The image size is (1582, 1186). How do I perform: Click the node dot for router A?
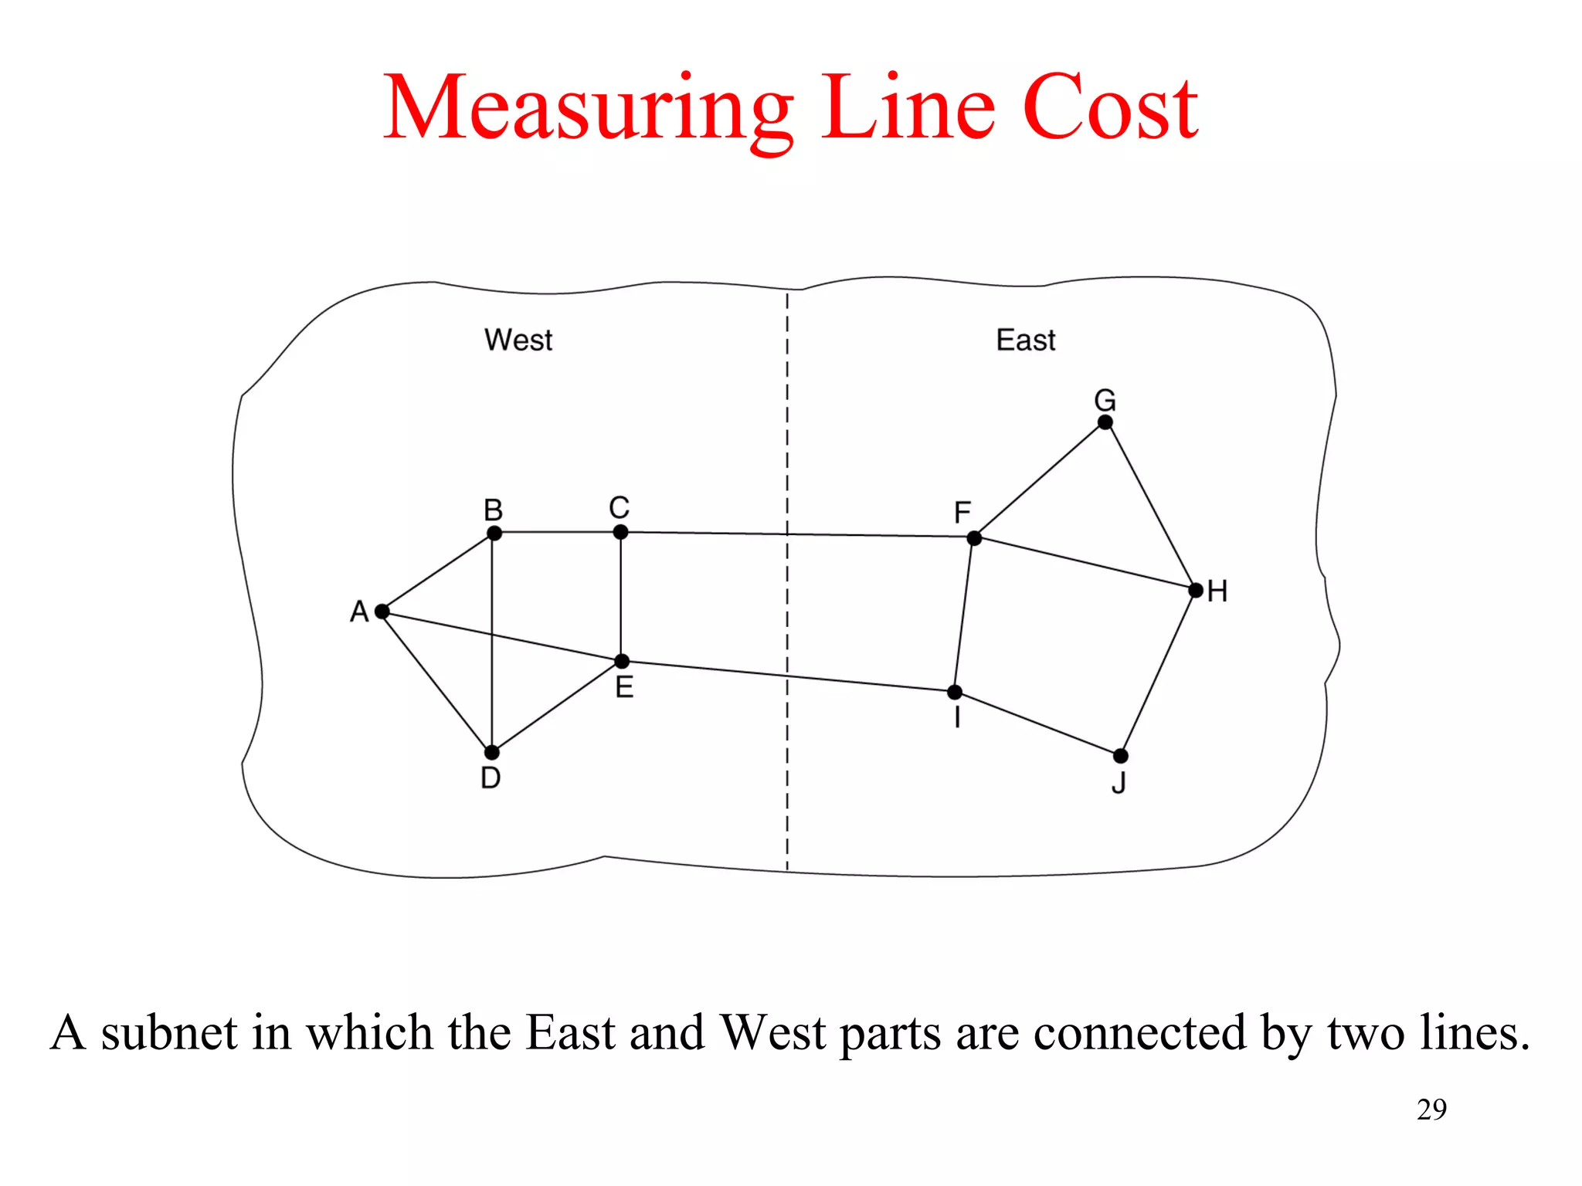tap(382, 612)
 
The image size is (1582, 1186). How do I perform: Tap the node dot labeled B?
tap(494, 533)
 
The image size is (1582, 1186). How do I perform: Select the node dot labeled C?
tap(620, 532)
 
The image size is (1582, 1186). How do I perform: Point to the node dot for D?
tap(492, 752)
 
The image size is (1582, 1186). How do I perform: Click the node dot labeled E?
tap(622, 661)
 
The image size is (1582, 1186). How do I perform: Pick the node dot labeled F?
tap(974, 538)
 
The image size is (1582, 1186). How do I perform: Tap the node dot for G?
tap(1105, 422)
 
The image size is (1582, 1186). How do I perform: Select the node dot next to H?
tap(1196, 591)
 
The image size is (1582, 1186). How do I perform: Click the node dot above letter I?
tap(956, 692)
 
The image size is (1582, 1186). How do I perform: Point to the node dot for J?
tap(1121, 755)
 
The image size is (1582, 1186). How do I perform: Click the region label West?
tap(518, 341)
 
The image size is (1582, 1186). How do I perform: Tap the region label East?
tap(1025, 341)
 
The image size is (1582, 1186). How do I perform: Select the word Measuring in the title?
tap(588, 108)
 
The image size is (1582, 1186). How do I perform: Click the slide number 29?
tap(1431, 1110)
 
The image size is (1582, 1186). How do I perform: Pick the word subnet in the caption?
tap(169, 1033)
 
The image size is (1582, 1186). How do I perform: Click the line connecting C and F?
tap(796, 534)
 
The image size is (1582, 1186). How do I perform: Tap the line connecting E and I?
tap(788, 676)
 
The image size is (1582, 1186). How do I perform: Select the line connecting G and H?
tap(1151, 507)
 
